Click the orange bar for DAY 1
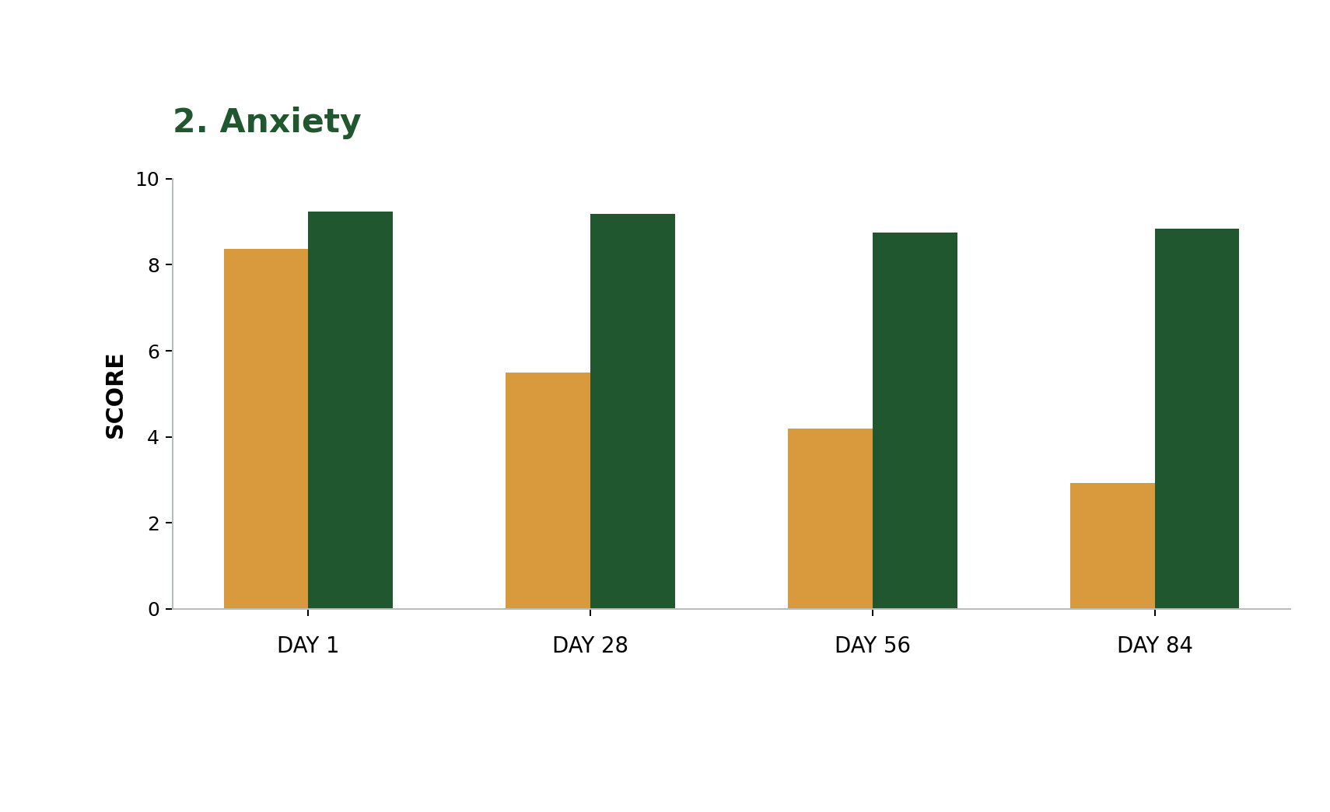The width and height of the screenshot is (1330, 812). pyautogui.click(x=266, y=429)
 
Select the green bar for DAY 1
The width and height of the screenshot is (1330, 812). pyautogui.click(x=350, y=410)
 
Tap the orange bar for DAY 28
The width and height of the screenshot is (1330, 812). pyautogui.click(x=548, y=490)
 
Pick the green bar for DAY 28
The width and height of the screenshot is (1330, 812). pyautogui.click(x=633, y=411)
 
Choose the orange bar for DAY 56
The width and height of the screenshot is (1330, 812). pyautogui.click(x=830, y=518)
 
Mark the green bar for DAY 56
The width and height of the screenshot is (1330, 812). pyautogui.click(x=915, y=420)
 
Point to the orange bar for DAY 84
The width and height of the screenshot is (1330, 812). pyautogui.click(x=1113, y=545)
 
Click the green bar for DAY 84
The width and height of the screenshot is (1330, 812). pyautogui.click(x=1197, y=418)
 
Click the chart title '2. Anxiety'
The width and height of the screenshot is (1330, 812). pyautogui.click(x=268, y=121)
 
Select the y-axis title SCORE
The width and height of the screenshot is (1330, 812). pyautogui.click(x=114, y=397)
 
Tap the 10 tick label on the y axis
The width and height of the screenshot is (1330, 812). pyautogui.click(x=147, y=179)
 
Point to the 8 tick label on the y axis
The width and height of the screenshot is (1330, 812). pyautogui.click(x=154, y=265)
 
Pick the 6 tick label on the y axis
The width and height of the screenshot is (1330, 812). pyautogui.click(x=154, y=352)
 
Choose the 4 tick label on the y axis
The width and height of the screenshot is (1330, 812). pyautogui.click(x=154, y=437)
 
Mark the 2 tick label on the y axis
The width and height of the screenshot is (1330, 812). pyautogui.click(x=154, y=523)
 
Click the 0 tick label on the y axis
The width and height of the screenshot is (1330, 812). pyautogui.click(x=154, y=610)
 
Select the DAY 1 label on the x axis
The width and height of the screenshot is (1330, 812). pyautogui.click(x=308, y=646)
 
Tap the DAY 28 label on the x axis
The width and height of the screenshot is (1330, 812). pyautogui.click(x=590, y=646)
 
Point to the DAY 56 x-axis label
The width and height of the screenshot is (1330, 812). pyautogui.click(x=873, y=646)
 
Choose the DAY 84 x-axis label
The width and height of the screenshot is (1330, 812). pyautogui.click(x=1155, y=646)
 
